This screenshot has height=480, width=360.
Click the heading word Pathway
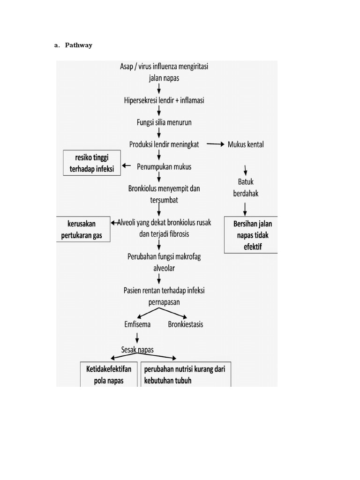(78, 45)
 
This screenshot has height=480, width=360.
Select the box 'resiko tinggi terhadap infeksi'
(92, 163)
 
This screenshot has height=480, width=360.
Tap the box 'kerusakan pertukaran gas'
(83, 230)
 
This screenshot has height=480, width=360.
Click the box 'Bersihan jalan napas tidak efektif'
(251, 234)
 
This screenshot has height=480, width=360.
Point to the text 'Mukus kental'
(246, 144)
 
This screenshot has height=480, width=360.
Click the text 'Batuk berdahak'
(246, 187)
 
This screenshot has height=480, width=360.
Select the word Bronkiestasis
(186, 324)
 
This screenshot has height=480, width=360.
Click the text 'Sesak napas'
(138, 350)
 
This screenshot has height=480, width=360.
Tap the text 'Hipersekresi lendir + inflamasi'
(164, 100)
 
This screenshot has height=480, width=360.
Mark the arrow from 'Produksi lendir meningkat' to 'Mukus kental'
(215, 144)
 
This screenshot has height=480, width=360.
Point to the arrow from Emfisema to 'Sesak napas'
(137, 337)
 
